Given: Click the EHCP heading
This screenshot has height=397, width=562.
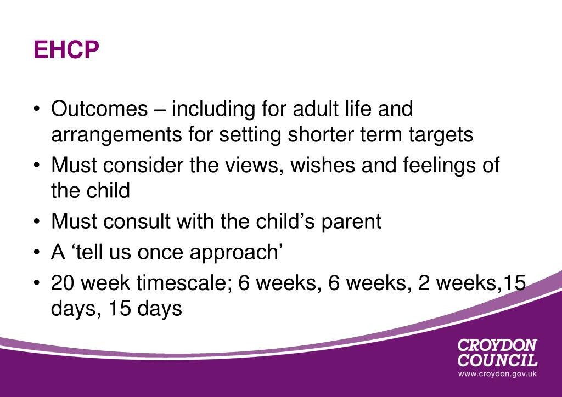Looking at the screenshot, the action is click(66, 49).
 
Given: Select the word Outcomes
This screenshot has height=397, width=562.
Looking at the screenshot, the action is click(99, 109).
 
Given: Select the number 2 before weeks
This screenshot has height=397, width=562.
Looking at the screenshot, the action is click(424, 283).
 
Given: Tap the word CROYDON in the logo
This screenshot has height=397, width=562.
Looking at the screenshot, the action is click(497, 345).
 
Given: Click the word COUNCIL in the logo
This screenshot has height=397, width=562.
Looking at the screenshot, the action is click(497, 360).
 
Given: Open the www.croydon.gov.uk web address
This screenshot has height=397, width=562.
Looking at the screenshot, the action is click(497, 374).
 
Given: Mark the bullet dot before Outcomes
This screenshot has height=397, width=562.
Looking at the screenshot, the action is click(36, 109).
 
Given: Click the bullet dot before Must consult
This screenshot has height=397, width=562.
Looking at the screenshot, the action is click(36, 222).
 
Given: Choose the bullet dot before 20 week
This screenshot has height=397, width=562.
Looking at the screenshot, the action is click(36, 283).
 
